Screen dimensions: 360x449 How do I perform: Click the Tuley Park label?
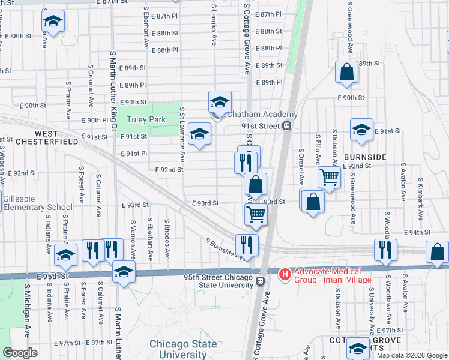146,119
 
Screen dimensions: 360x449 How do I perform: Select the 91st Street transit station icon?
287,126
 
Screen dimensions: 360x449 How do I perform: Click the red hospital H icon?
285,274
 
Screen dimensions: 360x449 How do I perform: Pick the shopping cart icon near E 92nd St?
329,178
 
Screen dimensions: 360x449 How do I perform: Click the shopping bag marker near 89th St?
346,72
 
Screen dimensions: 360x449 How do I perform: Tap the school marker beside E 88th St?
53,22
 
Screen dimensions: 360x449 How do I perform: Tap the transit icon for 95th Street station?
260,281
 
